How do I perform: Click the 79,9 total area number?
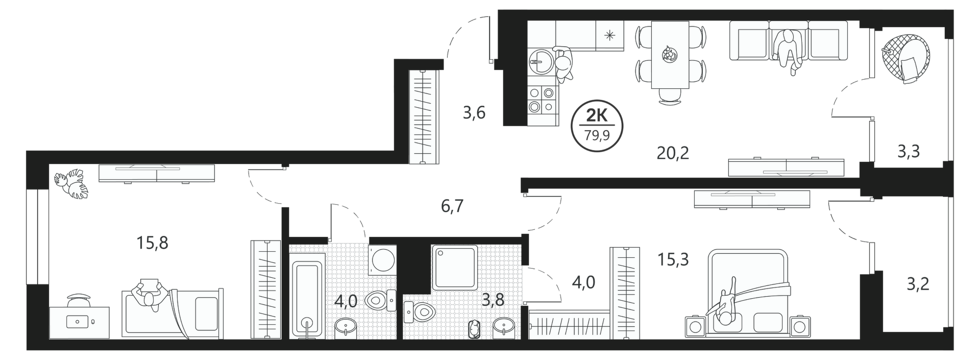point(597,136)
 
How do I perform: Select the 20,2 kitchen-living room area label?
point(673,152)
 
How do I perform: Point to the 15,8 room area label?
point(152,243)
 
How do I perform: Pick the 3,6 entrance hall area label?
point(474,112)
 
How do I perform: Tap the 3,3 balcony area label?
point(909,151)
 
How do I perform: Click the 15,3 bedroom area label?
point(674,259)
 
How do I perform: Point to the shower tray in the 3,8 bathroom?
point(454,268)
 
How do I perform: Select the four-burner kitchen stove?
point(541,100)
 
